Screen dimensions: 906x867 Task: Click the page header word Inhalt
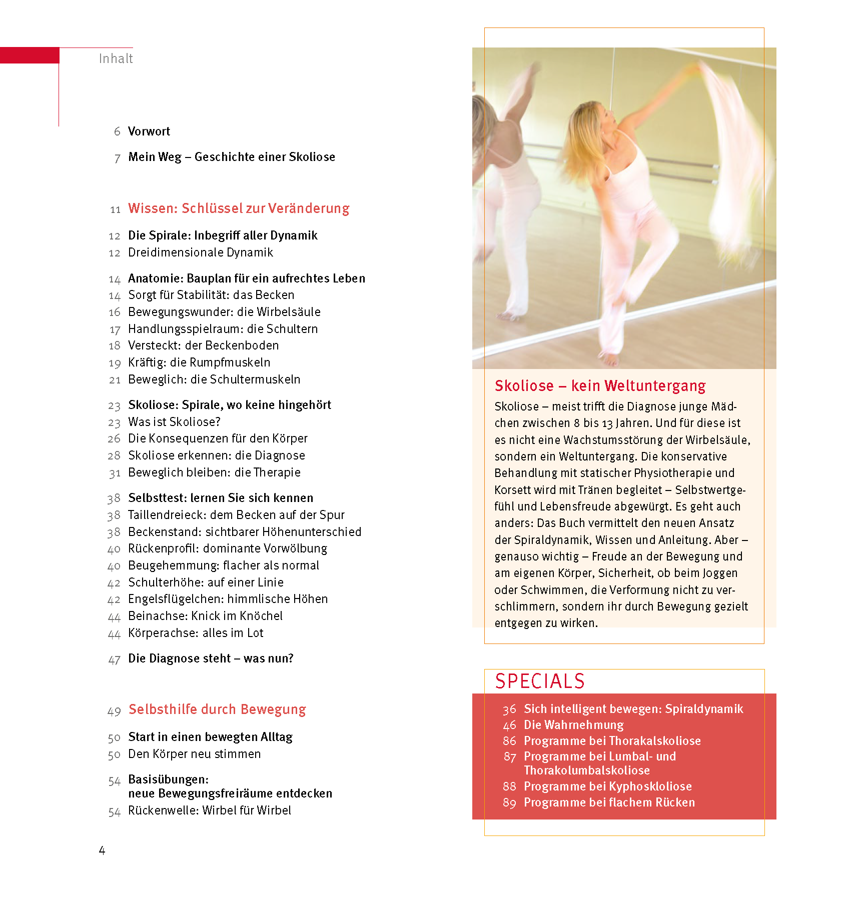[x=116, y=58]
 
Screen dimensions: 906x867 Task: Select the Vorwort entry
[x=149, y=131]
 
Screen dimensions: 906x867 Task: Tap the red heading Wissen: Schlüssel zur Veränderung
[x=239, y=208]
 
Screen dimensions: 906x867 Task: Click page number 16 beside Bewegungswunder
[x=115, y=312]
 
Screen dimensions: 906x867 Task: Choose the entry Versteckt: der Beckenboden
[x=203, y=345]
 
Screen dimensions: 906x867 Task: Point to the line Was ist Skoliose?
[x=174, y=422]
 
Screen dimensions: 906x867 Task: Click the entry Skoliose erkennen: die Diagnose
[x=216, y=455]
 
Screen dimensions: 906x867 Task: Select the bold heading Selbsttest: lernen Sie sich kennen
[x=221, y=498]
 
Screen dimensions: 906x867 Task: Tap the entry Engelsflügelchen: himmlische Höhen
[x=228, y=599]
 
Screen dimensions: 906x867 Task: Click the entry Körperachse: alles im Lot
[x=196, y=633]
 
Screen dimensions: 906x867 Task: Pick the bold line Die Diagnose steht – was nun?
[x=211, y=658]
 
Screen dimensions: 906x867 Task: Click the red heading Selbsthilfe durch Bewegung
[x=217, y=709]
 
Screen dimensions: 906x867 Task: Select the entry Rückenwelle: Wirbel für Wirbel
[x=209, y=810]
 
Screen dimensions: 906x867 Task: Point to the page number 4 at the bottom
[x=102, y=850]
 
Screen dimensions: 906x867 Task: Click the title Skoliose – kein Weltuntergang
[x=600, y=386]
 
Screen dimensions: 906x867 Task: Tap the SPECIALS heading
[x=540, y=681]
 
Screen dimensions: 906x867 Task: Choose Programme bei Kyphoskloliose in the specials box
[x=607, y=786]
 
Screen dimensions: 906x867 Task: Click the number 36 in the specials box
[x=509, y=709]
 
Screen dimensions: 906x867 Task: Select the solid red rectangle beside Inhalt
[x=30, y=55]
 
